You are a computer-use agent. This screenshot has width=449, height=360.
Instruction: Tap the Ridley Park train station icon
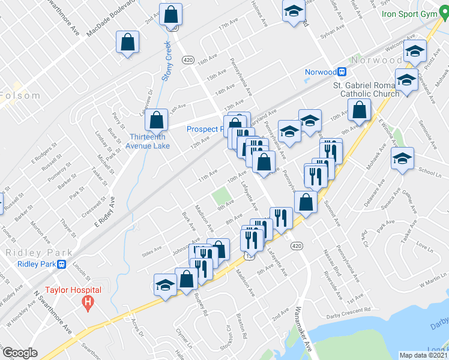(x=61, y=264)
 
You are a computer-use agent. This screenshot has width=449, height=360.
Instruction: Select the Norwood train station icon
(x=342, y=72)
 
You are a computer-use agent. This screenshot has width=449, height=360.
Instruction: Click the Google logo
(x=20, y=353)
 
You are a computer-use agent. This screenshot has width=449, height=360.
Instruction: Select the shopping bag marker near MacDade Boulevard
(x=128, y=42)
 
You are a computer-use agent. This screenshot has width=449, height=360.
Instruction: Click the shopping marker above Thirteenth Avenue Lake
(x=157, y=120)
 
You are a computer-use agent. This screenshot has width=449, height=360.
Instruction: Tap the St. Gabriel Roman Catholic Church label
(x=366, y=89)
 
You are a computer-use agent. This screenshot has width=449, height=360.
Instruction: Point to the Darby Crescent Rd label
(x=348, y=316)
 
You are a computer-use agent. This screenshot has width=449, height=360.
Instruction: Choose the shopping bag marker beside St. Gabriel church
(x=359, y=110)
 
